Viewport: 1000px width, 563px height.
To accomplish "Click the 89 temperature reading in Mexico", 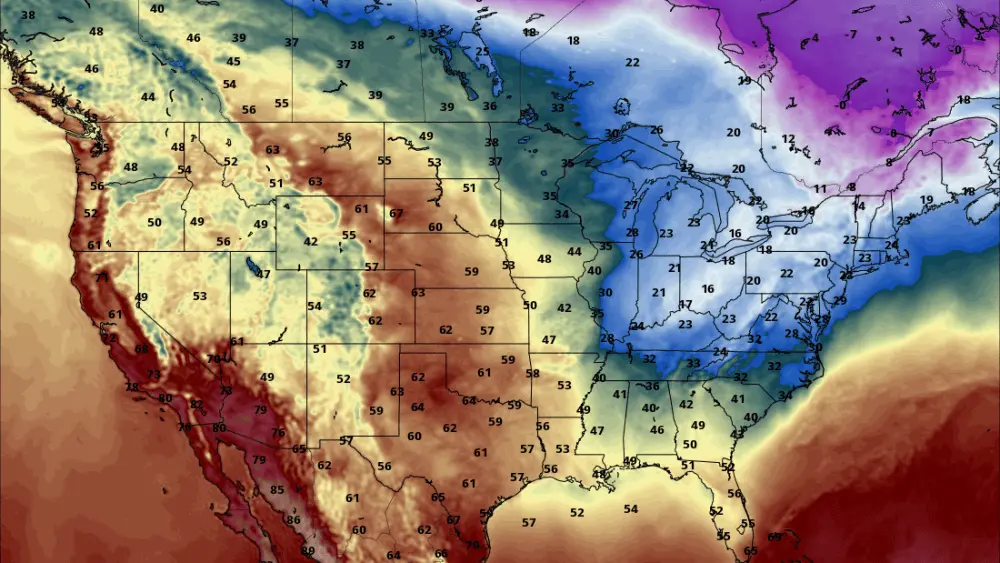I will (x=307, y=551).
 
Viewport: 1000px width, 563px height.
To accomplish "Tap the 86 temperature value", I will (x=293, y=520).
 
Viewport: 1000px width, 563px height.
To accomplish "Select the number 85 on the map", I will (x=277, y=490).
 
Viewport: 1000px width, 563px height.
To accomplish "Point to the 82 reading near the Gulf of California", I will (x=197, y=405).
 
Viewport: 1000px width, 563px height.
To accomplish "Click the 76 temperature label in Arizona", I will (x=278, y=432).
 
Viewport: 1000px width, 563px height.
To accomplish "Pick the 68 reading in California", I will (x=142, y=349).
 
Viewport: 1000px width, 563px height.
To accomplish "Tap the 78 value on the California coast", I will (x=131, y=387).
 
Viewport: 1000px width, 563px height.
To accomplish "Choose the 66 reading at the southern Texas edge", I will (x=440, y=554).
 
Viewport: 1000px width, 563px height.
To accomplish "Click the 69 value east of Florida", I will (x=774, y=537).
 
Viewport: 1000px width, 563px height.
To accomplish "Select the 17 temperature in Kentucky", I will (x=686, y=305).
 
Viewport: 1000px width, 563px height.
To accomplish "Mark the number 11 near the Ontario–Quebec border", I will (x=820, y=189).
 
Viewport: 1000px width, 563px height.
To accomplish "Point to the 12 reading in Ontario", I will (x=788, y=139).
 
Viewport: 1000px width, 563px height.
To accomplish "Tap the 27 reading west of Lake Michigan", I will (x=631, y=205).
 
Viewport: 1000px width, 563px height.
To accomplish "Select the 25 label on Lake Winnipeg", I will (x=482, y=52).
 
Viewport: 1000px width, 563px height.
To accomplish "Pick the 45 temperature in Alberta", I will (x=233, y=62).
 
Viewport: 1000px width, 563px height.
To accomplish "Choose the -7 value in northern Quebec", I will (x=853, y=35).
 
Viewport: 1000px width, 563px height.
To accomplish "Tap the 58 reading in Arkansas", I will (x=532, y=374).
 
